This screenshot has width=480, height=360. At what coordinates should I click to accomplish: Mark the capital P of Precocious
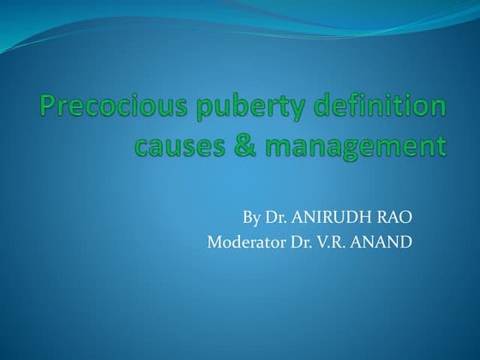click(49, 108)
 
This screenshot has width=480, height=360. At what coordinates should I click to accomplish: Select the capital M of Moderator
click(214, 242)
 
